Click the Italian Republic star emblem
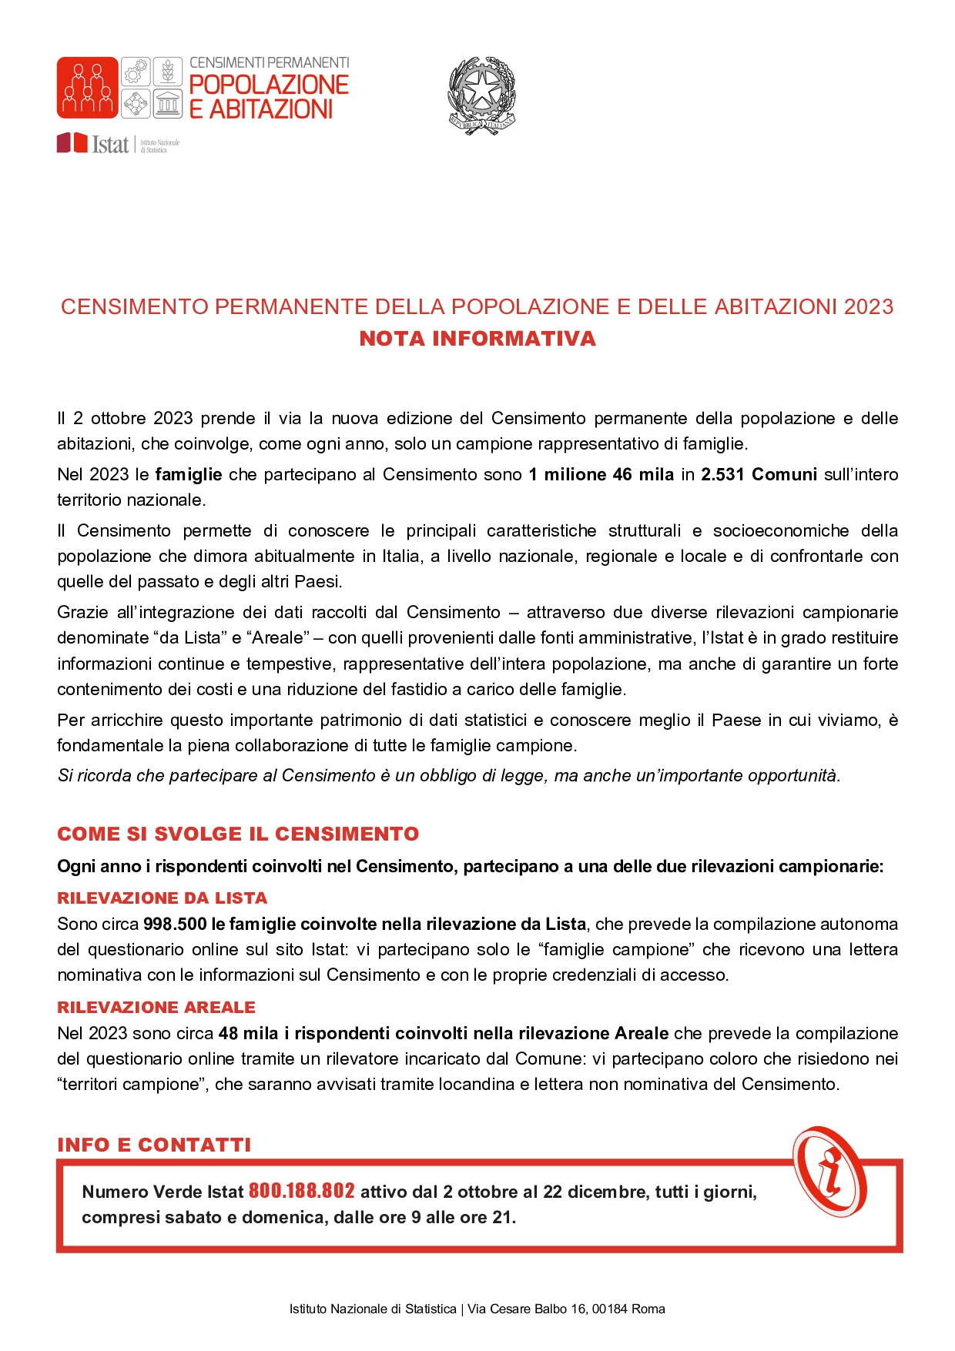tap(481, 94)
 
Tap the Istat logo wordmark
tap(110, 144)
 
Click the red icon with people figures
tap(87, 88)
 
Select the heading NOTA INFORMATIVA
tap(477, 339)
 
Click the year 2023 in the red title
tap(868, 307)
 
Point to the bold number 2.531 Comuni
tap(759, 475)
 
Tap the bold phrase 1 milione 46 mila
tap(601, 475)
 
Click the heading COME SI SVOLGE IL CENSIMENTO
tap(238, 834)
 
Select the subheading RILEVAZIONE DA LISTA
tap(162, 898)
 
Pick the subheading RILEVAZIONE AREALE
tap(156, 1008)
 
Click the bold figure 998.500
tap(175, 925)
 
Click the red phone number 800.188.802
tap(301, 1192)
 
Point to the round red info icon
tap(829, 1172)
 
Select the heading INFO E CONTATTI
tap(154, 1145)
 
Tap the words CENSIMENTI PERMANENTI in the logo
tap(269, 62)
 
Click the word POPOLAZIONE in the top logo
tap(269, 85)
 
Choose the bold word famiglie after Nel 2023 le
tap(189, 475)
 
